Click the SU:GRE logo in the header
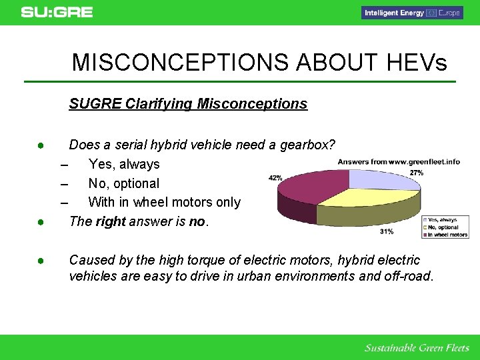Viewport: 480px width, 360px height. click(57, 12)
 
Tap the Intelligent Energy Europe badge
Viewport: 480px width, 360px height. click(412, 13)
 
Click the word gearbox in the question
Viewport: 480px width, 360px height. click(301, 145)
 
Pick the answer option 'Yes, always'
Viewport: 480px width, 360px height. click(124, 164)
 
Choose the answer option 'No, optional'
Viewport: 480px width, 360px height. click(124, 183)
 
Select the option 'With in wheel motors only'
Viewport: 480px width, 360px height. click(164, 202)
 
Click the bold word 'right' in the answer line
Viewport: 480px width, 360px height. click(111, 221)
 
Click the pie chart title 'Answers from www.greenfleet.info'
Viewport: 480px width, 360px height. click(399, 161)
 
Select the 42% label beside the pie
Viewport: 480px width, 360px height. click(275, 178)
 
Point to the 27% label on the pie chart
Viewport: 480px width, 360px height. click(417, 173)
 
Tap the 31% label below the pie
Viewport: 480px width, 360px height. click(386, 231)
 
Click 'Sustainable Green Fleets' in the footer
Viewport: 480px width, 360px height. click(417, 348)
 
